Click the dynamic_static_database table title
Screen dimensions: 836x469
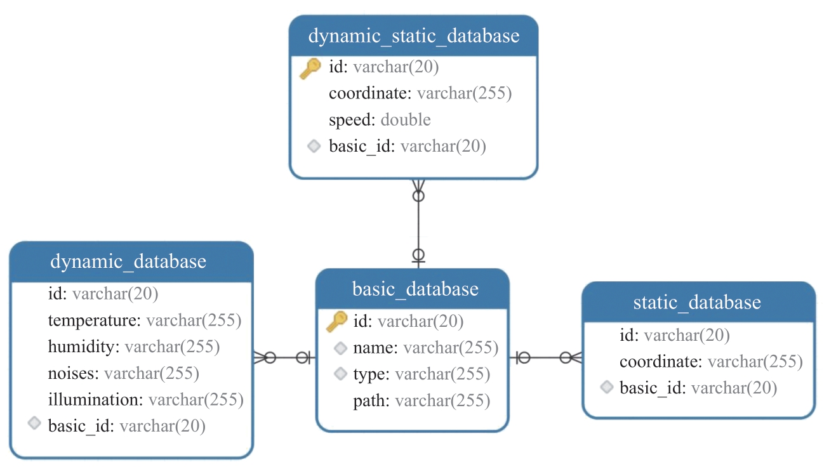click(x=413, y=36)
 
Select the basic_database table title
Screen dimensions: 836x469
click(x=415, y=289)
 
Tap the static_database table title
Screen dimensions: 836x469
click(x=697, y=302)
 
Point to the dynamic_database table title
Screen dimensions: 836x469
click(x=128, y=261)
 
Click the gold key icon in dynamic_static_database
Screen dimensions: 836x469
click(x=310, y=69)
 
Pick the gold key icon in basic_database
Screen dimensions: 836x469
click(x=336, y=321)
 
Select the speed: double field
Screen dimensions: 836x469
click(x=380, y=120)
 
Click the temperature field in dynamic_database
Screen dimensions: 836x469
click(x=145, y=320)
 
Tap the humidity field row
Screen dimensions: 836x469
click(x=133, y=347)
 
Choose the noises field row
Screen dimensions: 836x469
click(x=124, y=373)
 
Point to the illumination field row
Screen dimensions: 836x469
click(x=145, y=400)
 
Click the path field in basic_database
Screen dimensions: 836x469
click(x=421, y=401)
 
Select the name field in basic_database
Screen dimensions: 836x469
click(x=425, y=348)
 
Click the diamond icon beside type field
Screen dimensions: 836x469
click(x=340, y=373)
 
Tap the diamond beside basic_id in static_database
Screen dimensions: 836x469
click(x=607, y=387)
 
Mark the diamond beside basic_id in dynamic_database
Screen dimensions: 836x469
click(x=34, y=423)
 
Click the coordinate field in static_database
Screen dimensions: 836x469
click(x=711, y=362)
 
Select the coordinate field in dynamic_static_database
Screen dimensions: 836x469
click(x=420, y=93)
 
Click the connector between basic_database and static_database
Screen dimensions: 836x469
click(x=545, y=358)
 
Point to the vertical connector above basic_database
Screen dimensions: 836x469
click(x=418, y=224)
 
